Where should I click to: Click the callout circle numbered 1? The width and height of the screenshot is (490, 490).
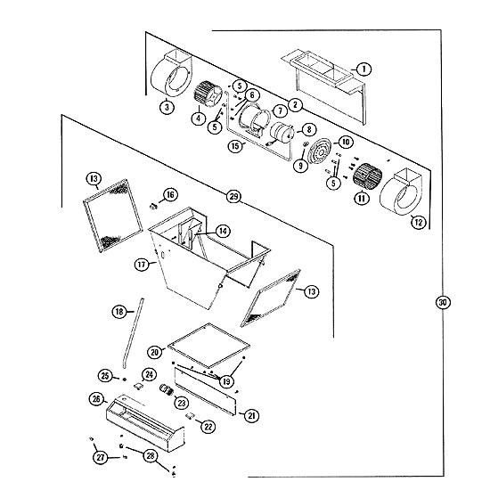coord(363,69)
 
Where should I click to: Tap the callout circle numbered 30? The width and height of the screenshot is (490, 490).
coord(443,302)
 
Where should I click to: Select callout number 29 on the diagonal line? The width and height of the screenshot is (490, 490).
coord(233,197)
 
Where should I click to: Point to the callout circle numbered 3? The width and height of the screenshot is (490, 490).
coord(167,107)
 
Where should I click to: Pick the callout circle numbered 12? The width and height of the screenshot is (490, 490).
coord(419,222)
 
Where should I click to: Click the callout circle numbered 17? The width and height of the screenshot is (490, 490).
coord(142,265)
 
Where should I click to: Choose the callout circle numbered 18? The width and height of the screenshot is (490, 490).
coord(119,311)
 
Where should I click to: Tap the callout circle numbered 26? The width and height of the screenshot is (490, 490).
coord(96,399)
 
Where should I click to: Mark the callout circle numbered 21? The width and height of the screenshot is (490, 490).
coord(251,416)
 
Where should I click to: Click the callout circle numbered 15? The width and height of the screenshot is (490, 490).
coord(235,146)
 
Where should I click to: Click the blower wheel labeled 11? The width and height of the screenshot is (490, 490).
coord(367,176)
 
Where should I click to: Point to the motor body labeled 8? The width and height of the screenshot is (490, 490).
coord(282,134)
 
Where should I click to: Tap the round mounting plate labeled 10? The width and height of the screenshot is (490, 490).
coord(319,151)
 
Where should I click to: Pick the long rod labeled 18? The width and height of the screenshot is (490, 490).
coord(134,333)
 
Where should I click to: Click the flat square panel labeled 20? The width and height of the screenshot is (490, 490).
coord(208,346)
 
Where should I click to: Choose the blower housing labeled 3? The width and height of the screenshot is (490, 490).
coord(171,73)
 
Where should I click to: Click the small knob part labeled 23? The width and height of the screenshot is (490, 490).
coord(167,390)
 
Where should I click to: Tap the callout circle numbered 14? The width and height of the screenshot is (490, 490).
coord(223,232)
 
